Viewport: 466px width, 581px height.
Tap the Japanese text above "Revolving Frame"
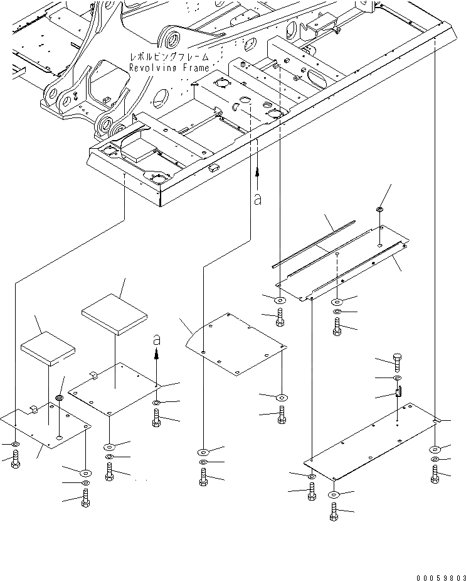click(x=167, y=57)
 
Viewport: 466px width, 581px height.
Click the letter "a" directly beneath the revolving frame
click(x=257, y=199)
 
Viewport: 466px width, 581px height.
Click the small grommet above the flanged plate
click(x=380, y=209)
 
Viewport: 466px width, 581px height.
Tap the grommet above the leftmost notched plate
click(x=60, y=399)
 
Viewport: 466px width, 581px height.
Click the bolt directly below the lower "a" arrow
click(x=157, y=417)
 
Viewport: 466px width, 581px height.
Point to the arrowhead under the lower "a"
click(x=157, y=354)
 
